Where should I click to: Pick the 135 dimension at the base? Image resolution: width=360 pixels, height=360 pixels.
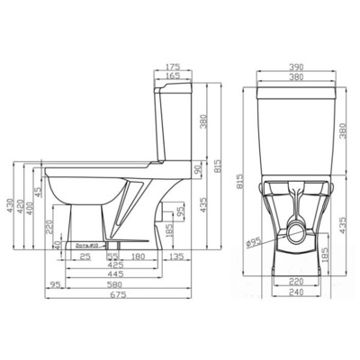point(177,256)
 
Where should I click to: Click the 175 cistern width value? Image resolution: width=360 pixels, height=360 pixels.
point(174,67)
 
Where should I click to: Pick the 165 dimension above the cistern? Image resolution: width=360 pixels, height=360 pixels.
point(174,76)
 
